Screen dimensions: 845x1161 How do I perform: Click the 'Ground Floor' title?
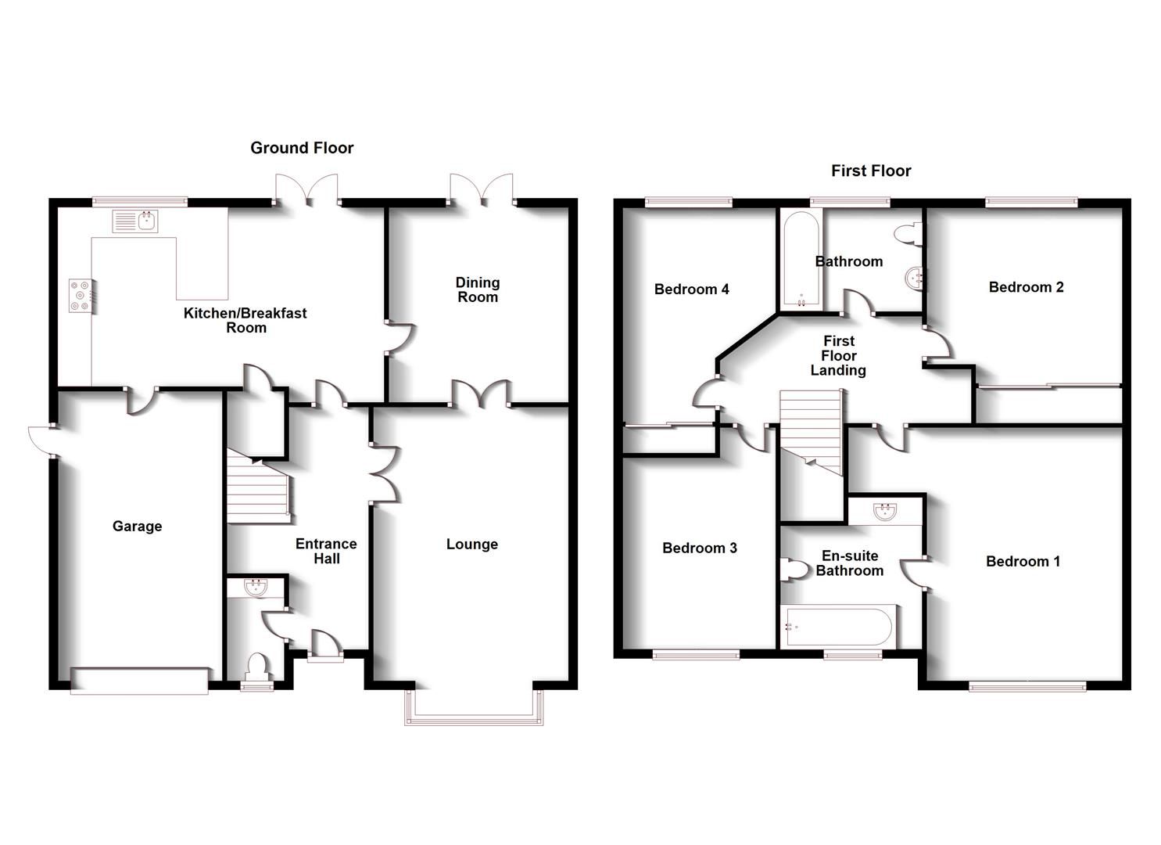[x=302, y=148]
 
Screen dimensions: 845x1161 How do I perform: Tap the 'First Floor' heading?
[x=871, y=171]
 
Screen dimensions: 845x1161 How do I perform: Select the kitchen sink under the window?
[x=136, y=222]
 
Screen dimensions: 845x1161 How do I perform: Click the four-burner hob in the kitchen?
[x=80, y=296]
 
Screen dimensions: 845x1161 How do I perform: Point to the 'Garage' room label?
[x=137, y=526]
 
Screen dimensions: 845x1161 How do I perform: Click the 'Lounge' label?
[x=471, y=544]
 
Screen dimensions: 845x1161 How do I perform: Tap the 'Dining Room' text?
[x=478, y=289]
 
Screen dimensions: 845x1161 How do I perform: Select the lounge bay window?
[x=474, y=707]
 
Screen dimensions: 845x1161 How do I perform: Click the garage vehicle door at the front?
[x=140, y=681]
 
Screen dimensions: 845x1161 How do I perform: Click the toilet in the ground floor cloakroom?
[x=256, y=667]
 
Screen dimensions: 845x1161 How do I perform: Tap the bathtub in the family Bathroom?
[x=799, y=260]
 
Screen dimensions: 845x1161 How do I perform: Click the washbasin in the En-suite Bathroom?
[x=886, y=512]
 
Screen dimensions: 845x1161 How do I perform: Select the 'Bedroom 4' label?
[x=691, y=289]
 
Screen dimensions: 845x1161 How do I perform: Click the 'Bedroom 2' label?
[x=1026, y=287]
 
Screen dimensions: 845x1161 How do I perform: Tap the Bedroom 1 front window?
[x=1027, y=686]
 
